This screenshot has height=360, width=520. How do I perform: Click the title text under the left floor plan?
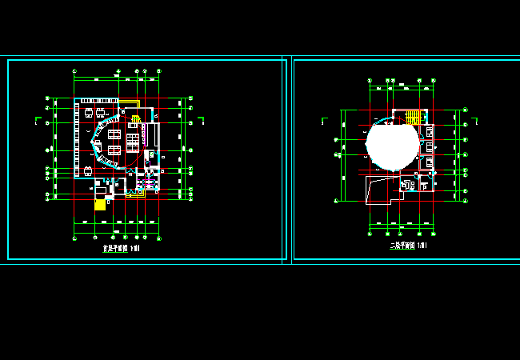pyautogui.click(x=121, y=248)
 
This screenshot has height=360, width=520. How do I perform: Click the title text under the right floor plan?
pyautogui.click(x=408, y=246)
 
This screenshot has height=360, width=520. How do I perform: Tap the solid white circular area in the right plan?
pyautogui.click(x=392, y=144)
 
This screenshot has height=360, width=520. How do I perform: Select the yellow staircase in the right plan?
pyautogui.click(x=412, y=117)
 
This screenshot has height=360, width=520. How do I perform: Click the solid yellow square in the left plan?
pyautogui.click(x=100, y=205)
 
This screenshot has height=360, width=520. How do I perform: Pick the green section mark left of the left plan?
pyautogui.click(x=38, y=121)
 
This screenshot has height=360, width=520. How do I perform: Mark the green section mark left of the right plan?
pyautogui.click(x=323, y=121)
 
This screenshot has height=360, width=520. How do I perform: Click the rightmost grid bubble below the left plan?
pyautogui.click(x=159, y=238)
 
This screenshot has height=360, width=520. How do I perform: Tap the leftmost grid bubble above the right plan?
pyautogui.click(x=370, y=81)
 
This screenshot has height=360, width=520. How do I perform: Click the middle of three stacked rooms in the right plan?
pyautogui.click(x=430, y=146)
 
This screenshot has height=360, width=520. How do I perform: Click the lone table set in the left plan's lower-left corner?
pyautogui.click(x=87, y=170)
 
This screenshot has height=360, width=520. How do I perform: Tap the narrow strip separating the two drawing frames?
pyautogui.click(x=290, y=160)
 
